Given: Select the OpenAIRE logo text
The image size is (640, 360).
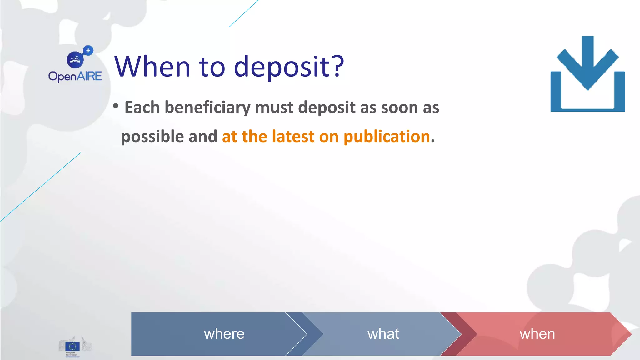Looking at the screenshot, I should coord(75,76).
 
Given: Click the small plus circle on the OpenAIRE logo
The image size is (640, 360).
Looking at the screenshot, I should coord(88,50).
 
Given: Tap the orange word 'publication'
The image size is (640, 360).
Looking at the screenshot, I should coord(387,137).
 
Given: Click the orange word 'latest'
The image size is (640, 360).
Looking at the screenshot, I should coord(293,137).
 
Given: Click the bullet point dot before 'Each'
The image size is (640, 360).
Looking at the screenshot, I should coord(116,106).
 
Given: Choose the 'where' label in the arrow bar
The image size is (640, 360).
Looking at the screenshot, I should coord(224,334).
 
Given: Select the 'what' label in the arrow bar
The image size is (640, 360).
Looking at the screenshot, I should coord(383,334).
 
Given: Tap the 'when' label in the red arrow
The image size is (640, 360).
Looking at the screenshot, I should coord(537,334).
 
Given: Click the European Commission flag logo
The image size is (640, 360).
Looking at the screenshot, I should coord(72,346).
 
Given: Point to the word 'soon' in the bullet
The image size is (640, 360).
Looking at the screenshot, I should coord(399,108).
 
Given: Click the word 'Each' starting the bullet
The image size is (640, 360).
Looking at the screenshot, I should coord(142,108).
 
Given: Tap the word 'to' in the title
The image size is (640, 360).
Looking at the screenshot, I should coord(212,67).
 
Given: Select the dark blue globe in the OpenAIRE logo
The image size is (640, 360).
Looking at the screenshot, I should coord(75,59).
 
